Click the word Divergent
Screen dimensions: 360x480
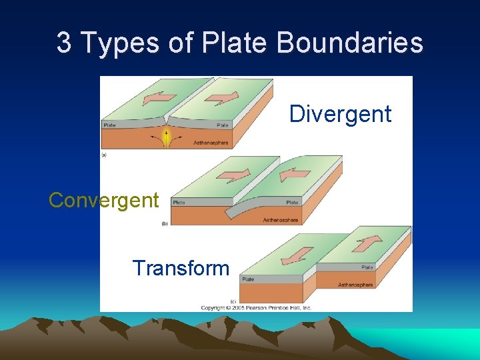(340, 114)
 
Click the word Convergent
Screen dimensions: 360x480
(104, 200)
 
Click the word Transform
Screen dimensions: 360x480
(181, 268)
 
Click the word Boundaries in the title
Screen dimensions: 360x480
(349, 43)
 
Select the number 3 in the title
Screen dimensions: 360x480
(64, 43)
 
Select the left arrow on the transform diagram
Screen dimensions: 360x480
(301, 254)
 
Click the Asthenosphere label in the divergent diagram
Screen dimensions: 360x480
(211, 143)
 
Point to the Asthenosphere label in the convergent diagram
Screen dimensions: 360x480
(280, 220)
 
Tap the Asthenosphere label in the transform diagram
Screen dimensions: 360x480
(355, 285)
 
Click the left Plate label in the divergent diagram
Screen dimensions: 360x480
(109, 125)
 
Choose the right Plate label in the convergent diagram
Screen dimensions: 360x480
(292, 202)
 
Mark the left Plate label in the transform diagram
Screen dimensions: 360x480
(247, 280)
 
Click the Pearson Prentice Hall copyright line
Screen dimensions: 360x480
(257, 307)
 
